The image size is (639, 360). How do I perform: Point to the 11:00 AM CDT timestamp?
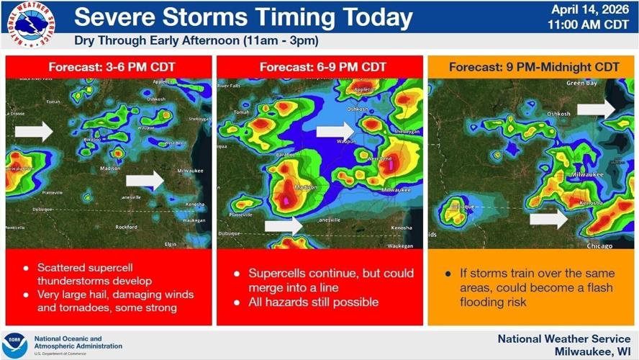click(x=589, y=24)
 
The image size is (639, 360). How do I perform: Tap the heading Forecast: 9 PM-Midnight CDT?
click(x=534, y=67)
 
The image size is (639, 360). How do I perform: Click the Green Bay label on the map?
click(x=581, y=84)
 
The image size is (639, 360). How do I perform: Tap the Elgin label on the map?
click(x=170, y=244)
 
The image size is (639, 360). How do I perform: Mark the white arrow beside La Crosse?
click(x=34, y=130)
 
